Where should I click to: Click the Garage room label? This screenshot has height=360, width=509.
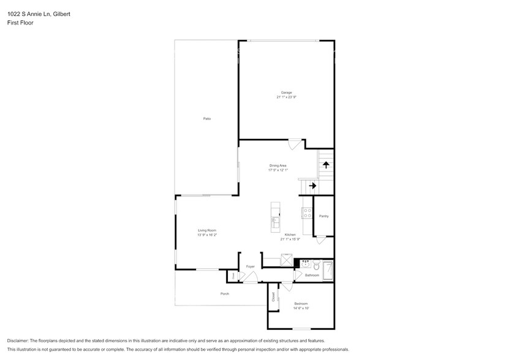[x=286, y=92]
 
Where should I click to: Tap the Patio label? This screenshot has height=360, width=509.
[x=207, y=118]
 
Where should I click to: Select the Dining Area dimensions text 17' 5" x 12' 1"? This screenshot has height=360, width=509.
[x=277, y=170]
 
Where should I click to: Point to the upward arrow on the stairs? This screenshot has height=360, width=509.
[x=326, y=164]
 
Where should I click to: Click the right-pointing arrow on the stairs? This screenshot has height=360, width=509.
[x=312, y=186]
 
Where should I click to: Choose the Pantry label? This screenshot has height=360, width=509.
[x=323, y=216]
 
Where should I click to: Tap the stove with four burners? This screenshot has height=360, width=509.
[x=306, y=213]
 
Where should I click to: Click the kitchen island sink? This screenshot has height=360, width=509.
[x=276, y=221]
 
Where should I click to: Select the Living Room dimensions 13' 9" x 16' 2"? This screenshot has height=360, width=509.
[x=207, y=234]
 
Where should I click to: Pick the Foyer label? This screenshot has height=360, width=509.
[x=250, y=267]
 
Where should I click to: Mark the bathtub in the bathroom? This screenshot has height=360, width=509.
[x=329, y=270]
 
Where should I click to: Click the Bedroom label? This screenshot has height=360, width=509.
[x=301, y=304]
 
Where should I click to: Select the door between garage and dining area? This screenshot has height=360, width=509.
[x=295, y=144]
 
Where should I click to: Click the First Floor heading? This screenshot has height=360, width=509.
[x=20, y=23]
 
